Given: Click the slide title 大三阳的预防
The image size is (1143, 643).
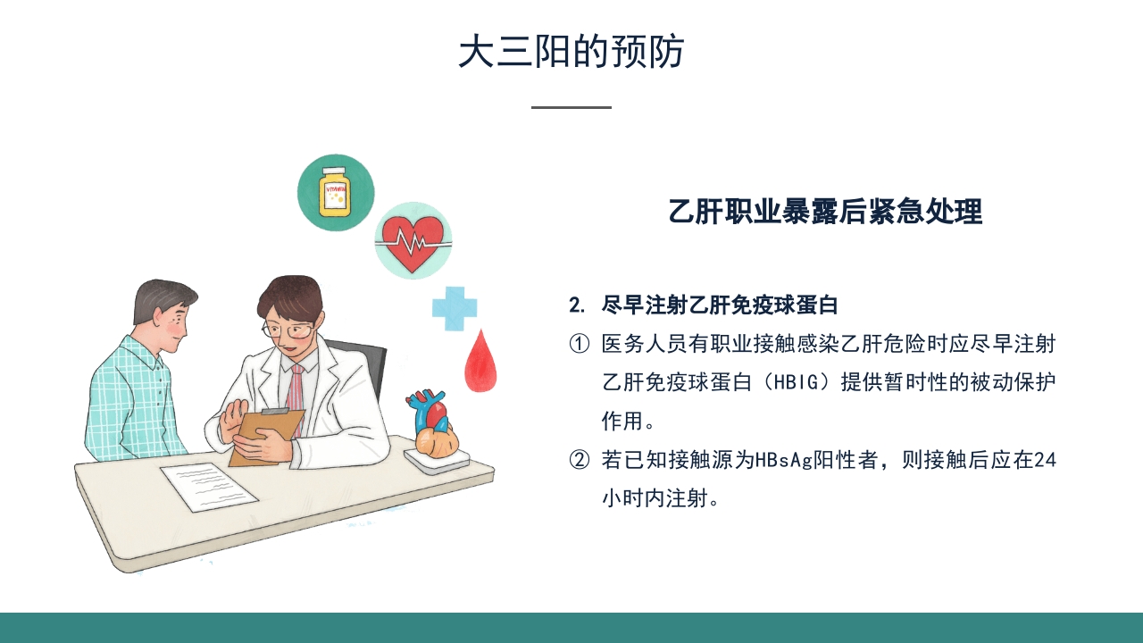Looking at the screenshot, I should (571, 52).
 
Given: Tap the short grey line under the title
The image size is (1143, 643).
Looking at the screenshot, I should (571, 107).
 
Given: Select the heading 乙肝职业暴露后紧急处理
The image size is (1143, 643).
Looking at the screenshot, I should (825, 212).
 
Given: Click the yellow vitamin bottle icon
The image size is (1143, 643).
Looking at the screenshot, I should (336, 191).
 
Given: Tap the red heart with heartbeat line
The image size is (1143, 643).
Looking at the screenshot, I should (413, 239).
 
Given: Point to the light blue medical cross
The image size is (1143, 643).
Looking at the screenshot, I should (455, 308).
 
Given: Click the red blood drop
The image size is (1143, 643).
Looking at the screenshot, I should (480, 362).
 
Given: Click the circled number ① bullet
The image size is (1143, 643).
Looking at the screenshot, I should (580, 344).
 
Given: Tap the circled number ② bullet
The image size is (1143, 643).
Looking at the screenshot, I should (580, 460).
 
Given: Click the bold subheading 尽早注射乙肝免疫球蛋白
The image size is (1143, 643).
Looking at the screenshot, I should (720, 305).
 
